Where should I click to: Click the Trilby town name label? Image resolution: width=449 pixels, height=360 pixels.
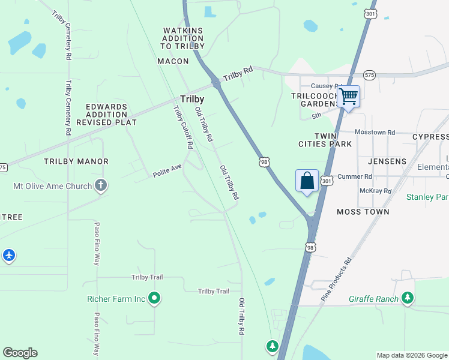point(192,99)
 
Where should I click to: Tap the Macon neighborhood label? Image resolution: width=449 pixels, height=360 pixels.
point(173,61)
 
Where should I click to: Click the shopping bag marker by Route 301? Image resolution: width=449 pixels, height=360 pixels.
point(307,180)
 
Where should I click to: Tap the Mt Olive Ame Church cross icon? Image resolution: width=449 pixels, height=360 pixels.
point(101,186)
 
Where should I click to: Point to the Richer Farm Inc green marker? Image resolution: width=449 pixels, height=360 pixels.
point(154,298)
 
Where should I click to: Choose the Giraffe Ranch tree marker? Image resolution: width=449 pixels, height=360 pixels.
point(408,298)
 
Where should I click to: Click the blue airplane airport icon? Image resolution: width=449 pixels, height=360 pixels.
point(8,255)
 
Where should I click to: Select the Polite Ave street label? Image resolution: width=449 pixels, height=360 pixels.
point(167,170)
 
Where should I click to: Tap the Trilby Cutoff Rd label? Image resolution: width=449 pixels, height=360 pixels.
point(183,127)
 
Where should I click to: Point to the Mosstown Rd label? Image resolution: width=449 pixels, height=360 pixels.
point(375,132)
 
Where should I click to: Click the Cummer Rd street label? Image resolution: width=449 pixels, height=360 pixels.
point(355,176)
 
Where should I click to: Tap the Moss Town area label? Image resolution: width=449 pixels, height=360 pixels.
point(363,212)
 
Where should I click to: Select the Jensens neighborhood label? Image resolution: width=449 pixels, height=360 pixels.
point(387,161)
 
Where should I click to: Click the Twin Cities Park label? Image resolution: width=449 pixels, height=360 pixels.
point(325,140)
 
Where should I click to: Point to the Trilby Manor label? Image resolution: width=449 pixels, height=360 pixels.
point(76,161)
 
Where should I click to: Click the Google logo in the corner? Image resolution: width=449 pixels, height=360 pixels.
point(20,353)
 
